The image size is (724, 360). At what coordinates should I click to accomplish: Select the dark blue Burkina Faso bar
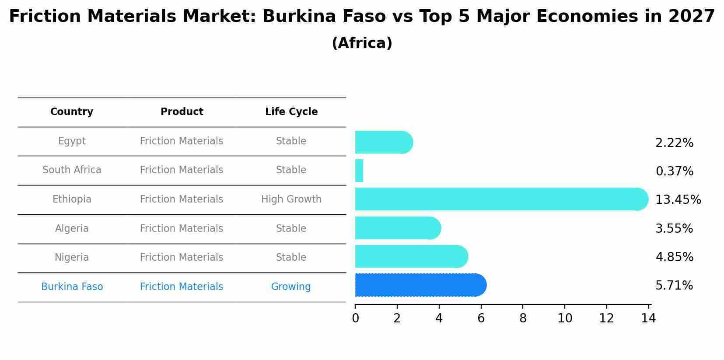tap(420, 285)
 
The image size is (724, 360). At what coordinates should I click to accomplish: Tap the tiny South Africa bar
tap(359, 171)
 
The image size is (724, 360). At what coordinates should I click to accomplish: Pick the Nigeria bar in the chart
tap(411, 256)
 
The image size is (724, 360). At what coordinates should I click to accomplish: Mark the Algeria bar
tap(398, 228)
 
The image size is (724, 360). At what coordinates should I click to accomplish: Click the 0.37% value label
tap(674, 171)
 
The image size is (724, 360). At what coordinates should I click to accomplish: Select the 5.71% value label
tap(674, 286)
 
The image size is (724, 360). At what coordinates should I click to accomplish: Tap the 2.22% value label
tap(674, 143)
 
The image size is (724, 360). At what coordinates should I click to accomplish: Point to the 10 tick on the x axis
tap(565, 318)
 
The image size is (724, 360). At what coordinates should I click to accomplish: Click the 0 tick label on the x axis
tap(355, 318)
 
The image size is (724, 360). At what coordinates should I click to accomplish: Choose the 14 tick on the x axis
tap(648, 318)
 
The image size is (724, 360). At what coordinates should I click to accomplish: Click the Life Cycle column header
tap(291, 112)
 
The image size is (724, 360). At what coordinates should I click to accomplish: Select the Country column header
tap(72, 112)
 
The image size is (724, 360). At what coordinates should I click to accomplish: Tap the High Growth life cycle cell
tap(291, 199)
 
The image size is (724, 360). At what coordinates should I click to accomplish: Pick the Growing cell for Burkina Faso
tap(291, 287)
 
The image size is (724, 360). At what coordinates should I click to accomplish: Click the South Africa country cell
tap(72, 170)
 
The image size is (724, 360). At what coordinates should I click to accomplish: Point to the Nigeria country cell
tap(72, 258)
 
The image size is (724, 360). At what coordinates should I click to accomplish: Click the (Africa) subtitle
tap(362, 43)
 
